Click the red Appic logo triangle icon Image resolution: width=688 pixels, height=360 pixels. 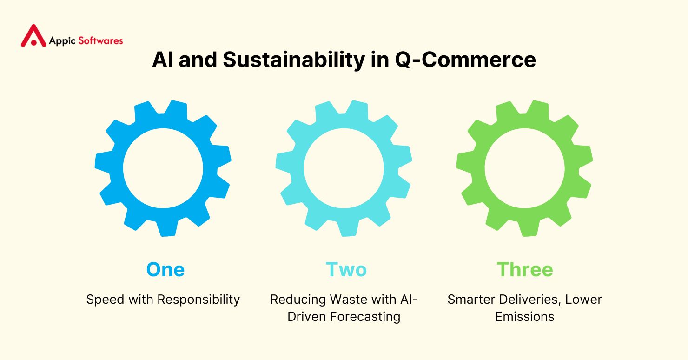tap(33, 36)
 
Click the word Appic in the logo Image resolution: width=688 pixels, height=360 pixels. tap(62, 41)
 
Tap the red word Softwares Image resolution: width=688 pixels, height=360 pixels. tap(100, 40)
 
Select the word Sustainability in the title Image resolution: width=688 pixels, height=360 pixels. tap(294, 60)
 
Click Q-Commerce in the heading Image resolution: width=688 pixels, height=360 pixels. tap(465, 60)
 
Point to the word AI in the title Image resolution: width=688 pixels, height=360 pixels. tap(163, 60)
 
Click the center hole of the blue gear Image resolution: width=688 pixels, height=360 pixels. tap(163, 168)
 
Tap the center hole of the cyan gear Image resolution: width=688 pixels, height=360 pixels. tap(344, 168)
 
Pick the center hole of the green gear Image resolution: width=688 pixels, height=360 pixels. tap(524, 168)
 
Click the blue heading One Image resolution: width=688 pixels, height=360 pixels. tap(165, 270)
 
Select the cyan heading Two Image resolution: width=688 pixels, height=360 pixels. tap(346, 270)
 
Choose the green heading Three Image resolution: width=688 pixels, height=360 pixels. tap(525, 270)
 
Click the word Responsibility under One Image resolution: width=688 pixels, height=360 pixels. tap(198, 300)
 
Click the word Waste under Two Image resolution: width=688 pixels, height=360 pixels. tap(348, 300)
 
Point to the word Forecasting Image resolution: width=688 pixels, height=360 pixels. tap(365, 317)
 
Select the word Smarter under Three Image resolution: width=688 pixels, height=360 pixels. tap(471, 300)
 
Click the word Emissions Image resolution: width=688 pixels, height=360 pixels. tap(524, 317)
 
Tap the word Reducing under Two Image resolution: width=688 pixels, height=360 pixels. tap(298, 300)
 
